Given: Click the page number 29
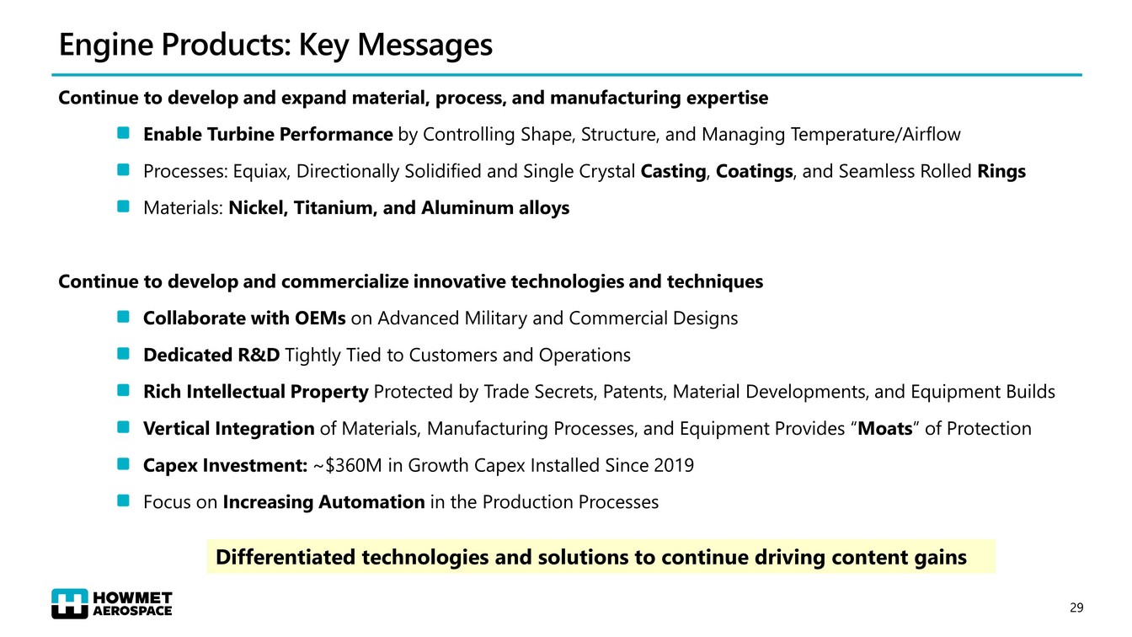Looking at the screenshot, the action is click(x=1076, y=608).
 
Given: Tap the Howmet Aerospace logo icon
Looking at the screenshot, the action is click(x=70, y=603).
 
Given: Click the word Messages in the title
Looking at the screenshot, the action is click(x=425, y=45).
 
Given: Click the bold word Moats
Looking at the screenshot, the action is click(x=885, y=429).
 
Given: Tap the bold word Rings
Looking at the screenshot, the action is click(x=1001, y=172).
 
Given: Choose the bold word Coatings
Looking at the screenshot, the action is click(x=754, y=172).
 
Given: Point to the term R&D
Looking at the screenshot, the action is click(x=259, y=355).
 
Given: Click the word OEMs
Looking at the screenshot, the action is click(x=320, y=318).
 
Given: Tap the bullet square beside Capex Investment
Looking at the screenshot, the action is click(x=123, y=463).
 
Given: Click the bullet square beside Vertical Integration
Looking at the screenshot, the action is click(x=123, y=427).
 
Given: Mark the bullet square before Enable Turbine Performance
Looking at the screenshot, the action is click(x=123, y=133).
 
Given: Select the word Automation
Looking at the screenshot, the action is click(x=371, y=502).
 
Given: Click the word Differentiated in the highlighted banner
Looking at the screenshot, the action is click(x=286, y=557).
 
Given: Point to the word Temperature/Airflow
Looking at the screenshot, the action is click(x=875, y=135).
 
